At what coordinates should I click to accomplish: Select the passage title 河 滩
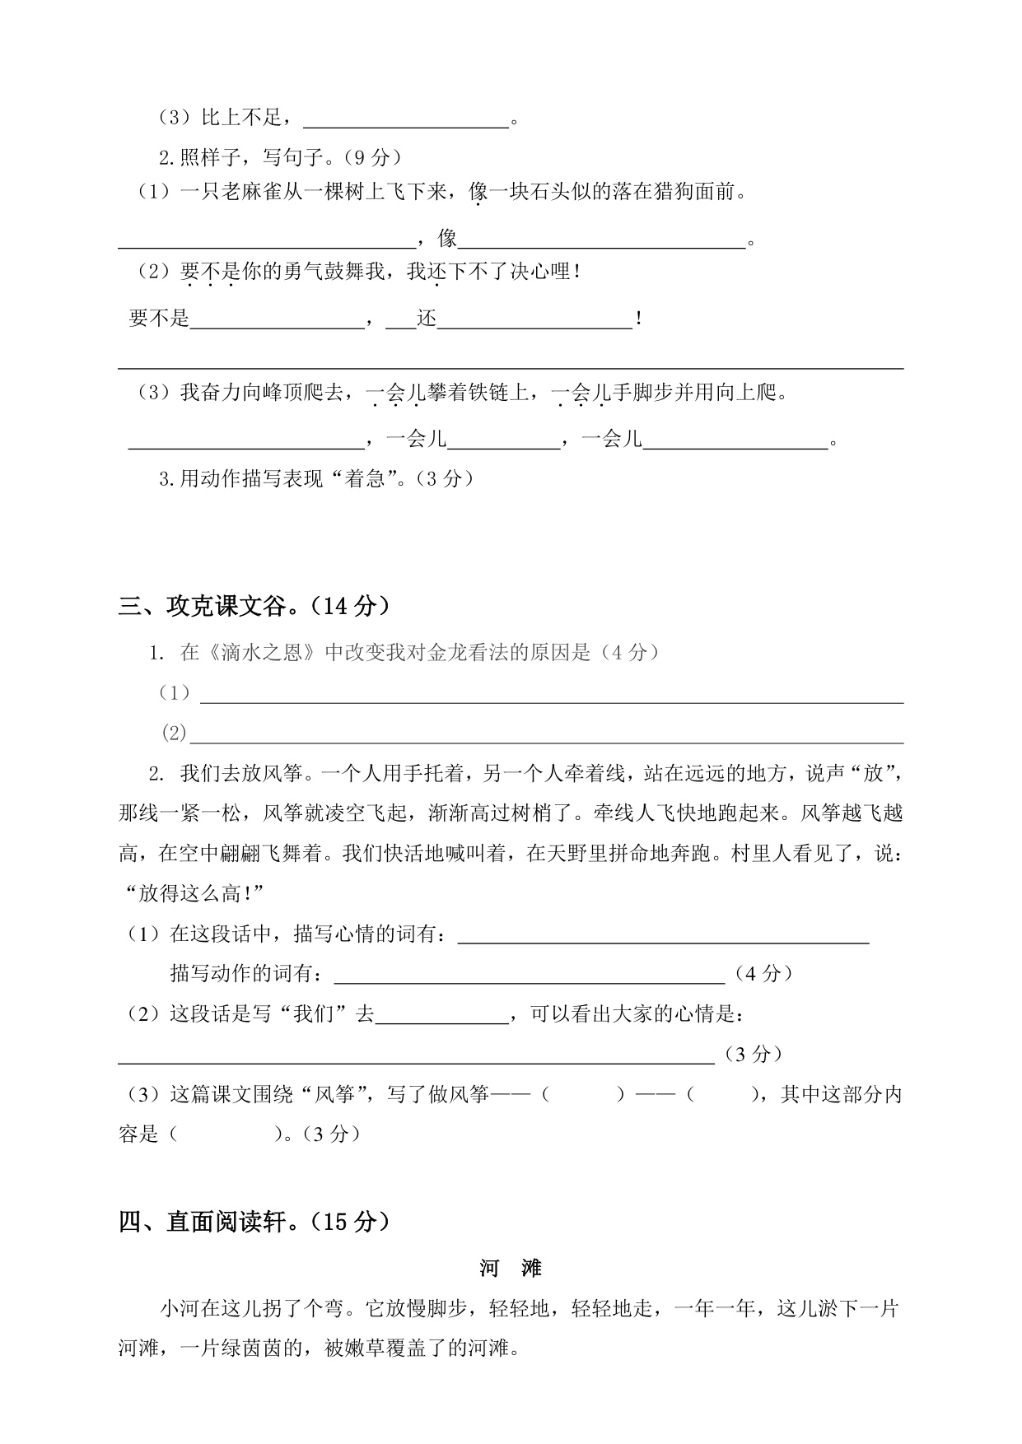point(511,1269)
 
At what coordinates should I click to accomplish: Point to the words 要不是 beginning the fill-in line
point(160,318)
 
